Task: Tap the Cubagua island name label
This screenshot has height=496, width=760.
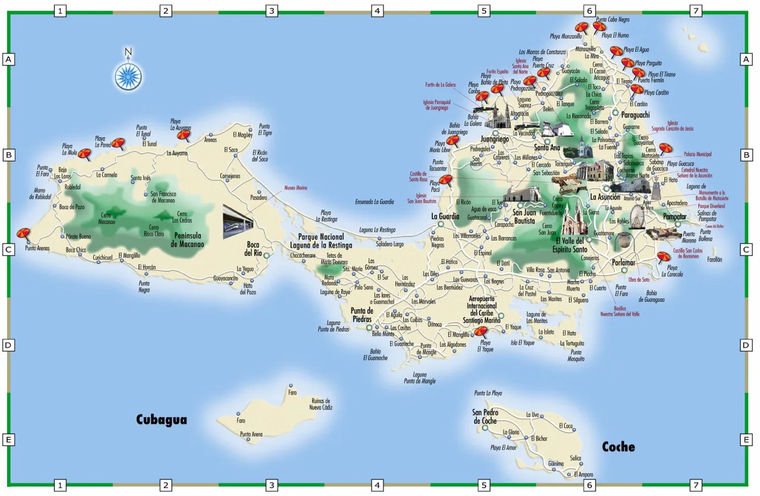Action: (x=161, y=420)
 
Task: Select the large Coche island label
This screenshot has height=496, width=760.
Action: (x=618, y=447)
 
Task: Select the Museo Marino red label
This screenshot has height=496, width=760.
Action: (x=296, y=188)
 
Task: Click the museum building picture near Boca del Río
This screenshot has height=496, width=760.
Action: (x=238, y=218)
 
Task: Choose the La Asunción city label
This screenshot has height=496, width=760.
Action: (x=604, y=197)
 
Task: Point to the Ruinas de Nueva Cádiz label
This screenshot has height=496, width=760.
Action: (x=321, y=404)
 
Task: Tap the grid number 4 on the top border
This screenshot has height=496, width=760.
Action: (x=377, y=11)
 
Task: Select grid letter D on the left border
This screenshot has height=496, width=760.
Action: (x=8, y=345)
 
